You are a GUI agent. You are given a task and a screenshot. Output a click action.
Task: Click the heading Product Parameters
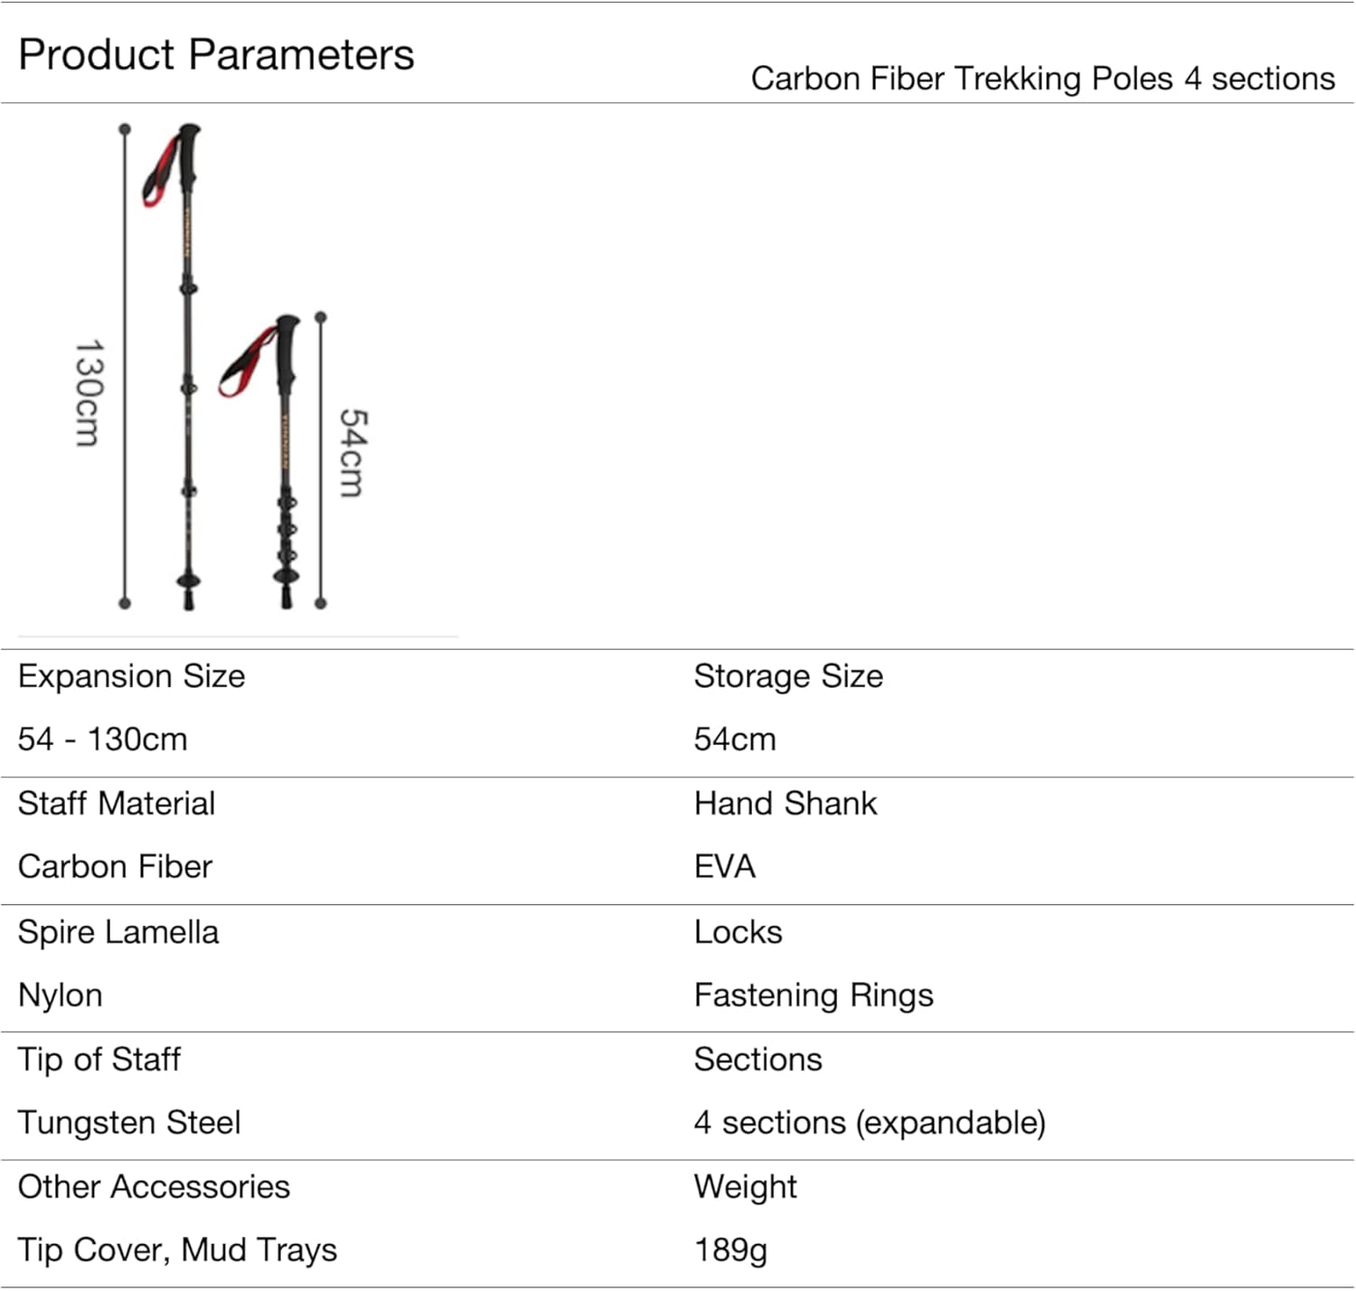pyautogui.click(x=216, y=54)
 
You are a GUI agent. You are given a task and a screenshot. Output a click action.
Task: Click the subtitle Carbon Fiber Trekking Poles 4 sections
pyautogui.click(x=1042, y=79)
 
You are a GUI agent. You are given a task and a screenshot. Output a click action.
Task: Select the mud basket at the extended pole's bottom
pyautogui.click(x=188, y=580)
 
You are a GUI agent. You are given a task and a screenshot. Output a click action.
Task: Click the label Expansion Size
pyautogui.click(x=131, y=676)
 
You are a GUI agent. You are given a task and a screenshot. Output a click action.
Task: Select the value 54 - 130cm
pyautogui.click(x=102, y=740)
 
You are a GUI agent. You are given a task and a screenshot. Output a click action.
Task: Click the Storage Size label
pyautogui.click(x=787, y=676)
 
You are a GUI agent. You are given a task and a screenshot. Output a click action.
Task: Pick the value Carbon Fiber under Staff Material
pyautogui.click(x=115, y=867)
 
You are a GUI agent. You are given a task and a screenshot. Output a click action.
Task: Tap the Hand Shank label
pyautogui.click(x=785, y=804)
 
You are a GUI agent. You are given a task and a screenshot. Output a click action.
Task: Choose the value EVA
pyautogui.click(x=724, y=867)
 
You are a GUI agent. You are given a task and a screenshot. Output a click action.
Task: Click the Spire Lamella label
pyautogui.click(x=118, y=932)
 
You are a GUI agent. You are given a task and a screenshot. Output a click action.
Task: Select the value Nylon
pyautogui.click(x=60, y=995)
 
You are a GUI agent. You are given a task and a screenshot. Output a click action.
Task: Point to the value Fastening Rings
pyautogui.click(x=813, y=995)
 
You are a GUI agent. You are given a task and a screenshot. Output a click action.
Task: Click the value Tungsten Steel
pyautogui.click(x=129, y=1123)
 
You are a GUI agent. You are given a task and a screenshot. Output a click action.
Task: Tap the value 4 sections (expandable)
pyautogui.click(x=869, y=1123)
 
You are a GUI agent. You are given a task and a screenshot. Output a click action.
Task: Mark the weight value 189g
pyautogui.click(x=730, y=1250)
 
